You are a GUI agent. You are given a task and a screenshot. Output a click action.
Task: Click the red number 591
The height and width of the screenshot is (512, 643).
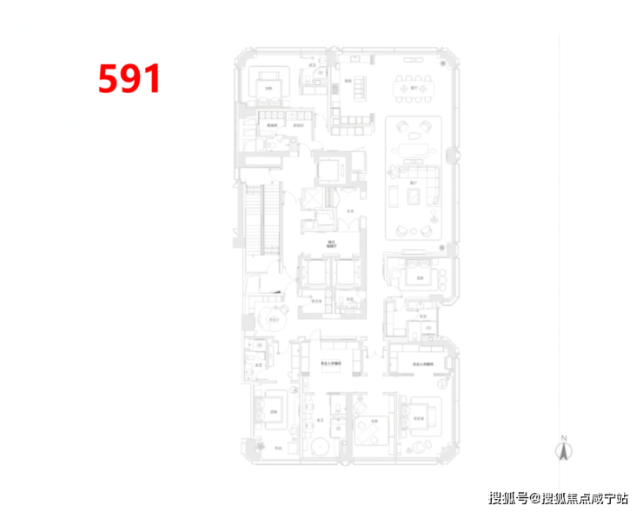pos(129,79)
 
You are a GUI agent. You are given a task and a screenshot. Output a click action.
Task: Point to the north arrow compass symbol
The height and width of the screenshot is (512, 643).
pos(563,450)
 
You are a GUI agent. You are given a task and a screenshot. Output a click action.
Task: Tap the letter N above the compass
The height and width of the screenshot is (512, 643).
pos(563,436)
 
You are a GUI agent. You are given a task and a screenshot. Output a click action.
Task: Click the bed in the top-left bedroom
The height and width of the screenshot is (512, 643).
pos(270,85)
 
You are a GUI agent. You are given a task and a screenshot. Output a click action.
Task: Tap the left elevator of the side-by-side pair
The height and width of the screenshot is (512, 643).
pos(312,275)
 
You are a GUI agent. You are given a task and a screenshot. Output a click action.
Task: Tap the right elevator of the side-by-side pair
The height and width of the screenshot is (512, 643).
pos(346,275)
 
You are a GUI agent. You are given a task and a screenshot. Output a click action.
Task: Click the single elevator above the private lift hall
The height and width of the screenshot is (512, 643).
pos(331,167)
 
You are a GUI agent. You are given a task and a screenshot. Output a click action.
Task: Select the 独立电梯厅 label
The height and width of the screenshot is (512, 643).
pos(331,244)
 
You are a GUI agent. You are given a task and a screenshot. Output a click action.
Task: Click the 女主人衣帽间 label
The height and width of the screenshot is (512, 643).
pos(329,364)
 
